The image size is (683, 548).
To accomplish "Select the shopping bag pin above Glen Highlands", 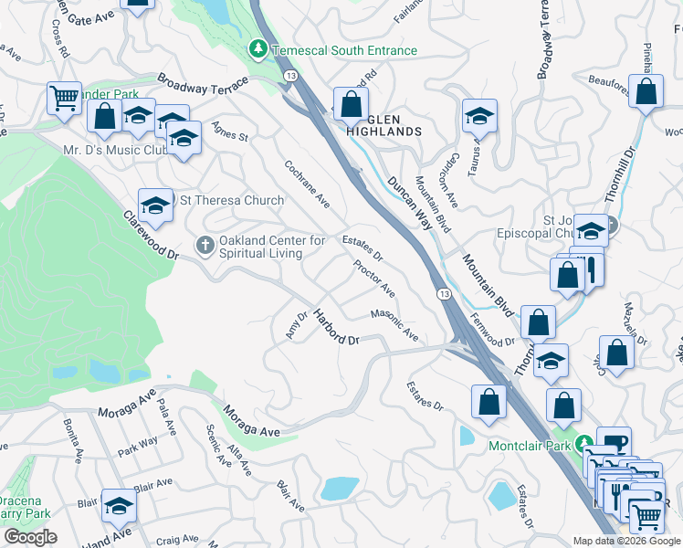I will (x=351, y=106).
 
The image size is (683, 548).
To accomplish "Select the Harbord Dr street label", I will (x=337, y=328).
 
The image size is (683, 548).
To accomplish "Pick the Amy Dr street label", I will (x=293, y=324).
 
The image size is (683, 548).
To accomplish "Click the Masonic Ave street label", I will (x=394, y=326).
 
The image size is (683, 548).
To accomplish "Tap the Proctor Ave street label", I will (x=373, y=279).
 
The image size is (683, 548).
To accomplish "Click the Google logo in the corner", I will (x=31, y=537).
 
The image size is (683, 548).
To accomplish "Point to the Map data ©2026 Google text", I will (x=625, y=541).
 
